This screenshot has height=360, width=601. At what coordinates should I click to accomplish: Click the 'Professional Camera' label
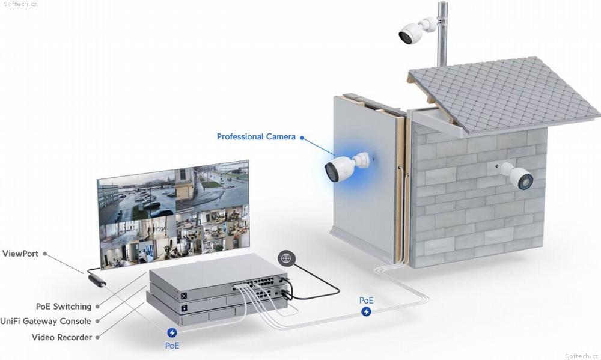pyautogui.click(x=256, y=136)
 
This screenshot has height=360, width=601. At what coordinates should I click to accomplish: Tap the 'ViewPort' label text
pyautogui.click(x=20, y=254)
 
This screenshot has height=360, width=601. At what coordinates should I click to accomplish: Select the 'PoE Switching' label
pyautogui.click(x=64, y=307)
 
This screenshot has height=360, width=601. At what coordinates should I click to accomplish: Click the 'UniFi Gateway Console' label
pyautogui.click(x=46, y=321)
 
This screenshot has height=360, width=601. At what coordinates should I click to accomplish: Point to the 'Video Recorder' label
pyautogui.click(x=62, y=337)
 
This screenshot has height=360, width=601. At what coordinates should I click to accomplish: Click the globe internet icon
pyautogui.click(x=286, y=258)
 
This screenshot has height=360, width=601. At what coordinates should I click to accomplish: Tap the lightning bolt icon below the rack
pyautogui.click(x=172, y=332)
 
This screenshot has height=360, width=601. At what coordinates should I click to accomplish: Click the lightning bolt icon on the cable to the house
pyautogui.click(x=366, y=312)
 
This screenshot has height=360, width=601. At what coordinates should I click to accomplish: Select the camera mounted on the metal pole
pyautogui.click(x=417, y=30)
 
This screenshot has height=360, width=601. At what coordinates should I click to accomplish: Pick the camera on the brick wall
pyautogui.click(x=516, y=175)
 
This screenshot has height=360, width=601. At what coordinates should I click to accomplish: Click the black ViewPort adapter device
pyautogui.click(x=97, y=280)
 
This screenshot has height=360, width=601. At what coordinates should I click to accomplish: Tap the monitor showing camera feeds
pyautogui.click(x=174, y=215)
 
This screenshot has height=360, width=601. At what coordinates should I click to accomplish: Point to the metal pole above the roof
pyautogui.click(x=442, y=34)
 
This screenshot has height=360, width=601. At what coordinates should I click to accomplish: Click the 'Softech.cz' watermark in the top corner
pyautogui.click(x=20, y=4)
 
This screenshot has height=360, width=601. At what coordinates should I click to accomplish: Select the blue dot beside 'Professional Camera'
pyautogui.click(x=302, y=138)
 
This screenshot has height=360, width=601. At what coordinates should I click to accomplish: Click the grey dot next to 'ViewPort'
pyautogui.click(x=45, y=254)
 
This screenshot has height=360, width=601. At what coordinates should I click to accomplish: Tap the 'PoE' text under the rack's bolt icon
pyautogui.click(x=172, y=346)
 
